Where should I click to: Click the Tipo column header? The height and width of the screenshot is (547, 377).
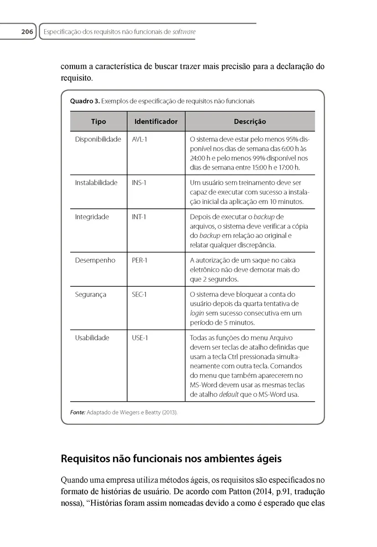click(98, 122)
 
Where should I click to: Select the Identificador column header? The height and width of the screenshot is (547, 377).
click(156, 122)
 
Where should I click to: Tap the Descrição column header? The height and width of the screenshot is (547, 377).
click(250, 122)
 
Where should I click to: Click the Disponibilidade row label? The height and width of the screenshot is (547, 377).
click(98, 139)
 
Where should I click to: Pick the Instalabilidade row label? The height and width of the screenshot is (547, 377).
click(96, 183)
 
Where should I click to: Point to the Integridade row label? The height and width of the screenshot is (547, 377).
click(92, 217)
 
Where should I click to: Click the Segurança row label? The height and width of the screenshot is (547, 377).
click(91, 294)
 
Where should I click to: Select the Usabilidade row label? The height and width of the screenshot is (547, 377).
click(92, 338)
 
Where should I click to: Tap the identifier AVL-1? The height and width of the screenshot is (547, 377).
click(139, 139)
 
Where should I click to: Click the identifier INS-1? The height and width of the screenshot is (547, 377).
click(139, 183)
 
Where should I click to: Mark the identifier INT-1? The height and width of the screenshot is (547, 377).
click(139, 217)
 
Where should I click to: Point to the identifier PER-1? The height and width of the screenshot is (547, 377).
click(139, 260)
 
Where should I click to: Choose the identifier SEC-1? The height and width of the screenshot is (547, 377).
click(139, 294)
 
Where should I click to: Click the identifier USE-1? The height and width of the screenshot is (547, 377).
click(140, 338)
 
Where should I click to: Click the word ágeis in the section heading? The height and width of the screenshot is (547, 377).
click(264, 459)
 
